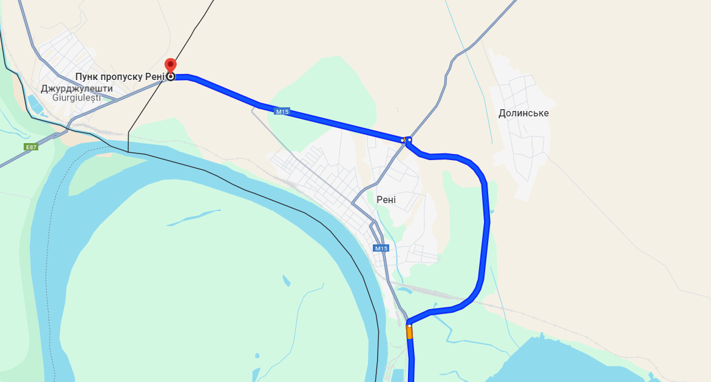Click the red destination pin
[171, 64]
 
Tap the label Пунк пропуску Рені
[120, 76]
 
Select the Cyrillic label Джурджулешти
[77, 89]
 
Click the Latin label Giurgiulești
[77, 98]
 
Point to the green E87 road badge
[31, 147]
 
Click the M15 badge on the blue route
[282, 112]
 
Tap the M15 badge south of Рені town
[381, 248]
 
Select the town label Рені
[386, 199]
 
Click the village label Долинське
[523, 113]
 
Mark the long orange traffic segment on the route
[409, 333]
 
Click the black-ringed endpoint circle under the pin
[171, 76]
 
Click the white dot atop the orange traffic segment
[409, 326]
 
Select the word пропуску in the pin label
[121, 76]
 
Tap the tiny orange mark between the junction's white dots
[406, 139]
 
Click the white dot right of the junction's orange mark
[410, 139]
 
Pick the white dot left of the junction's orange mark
[402, 140]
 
